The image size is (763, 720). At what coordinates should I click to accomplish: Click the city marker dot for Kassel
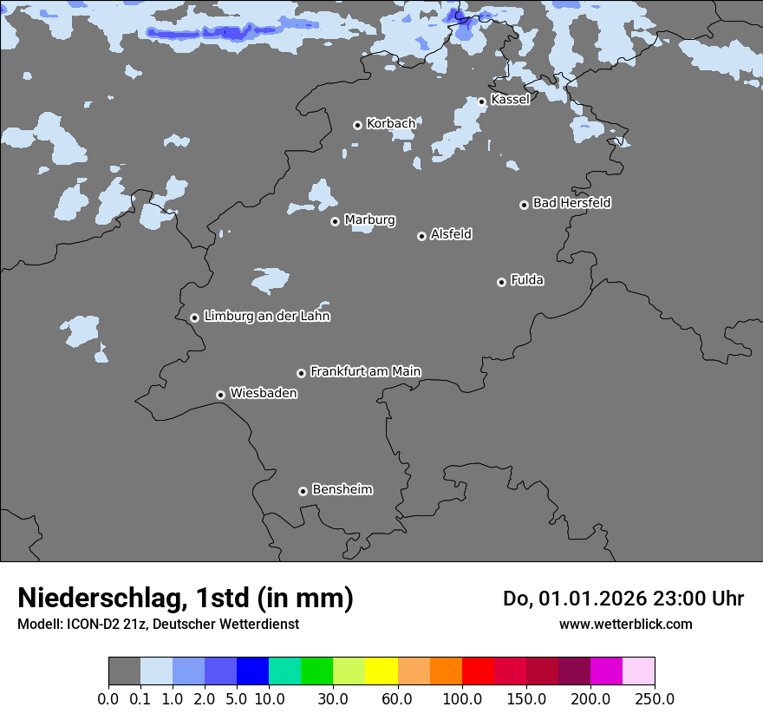[482, 101]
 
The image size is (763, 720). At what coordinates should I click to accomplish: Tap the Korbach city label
[391, 124]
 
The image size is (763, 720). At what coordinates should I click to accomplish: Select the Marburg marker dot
[335, 221]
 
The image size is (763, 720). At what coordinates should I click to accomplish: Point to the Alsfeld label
[451, 234]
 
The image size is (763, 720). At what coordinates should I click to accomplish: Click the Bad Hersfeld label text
[571, 203]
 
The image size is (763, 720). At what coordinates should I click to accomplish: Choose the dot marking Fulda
[501, 282]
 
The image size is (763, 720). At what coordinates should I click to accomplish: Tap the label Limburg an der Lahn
[266, 317]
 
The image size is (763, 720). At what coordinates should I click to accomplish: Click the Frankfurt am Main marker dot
[302, 373]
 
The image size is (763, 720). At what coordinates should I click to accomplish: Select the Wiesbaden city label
[263, 394]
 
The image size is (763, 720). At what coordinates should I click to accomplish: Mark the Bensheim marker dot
[303, 491]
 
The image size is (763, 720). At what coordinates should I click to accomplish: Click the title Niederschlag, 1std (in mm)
[186, 598]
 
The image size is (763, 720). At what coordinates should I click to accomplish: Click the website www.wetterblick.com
[625, 624]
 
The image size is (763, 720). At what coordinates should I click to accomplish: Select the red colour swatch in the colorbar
[478, 671]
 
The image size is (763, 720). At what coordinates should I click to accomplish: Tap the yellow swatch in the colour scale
[381, 671]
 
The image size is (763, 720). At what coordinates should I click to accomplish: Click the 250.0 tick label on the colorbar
[655, 698]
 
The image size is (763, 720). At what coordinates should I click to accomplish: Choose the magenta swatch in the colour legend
[606, 671]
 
